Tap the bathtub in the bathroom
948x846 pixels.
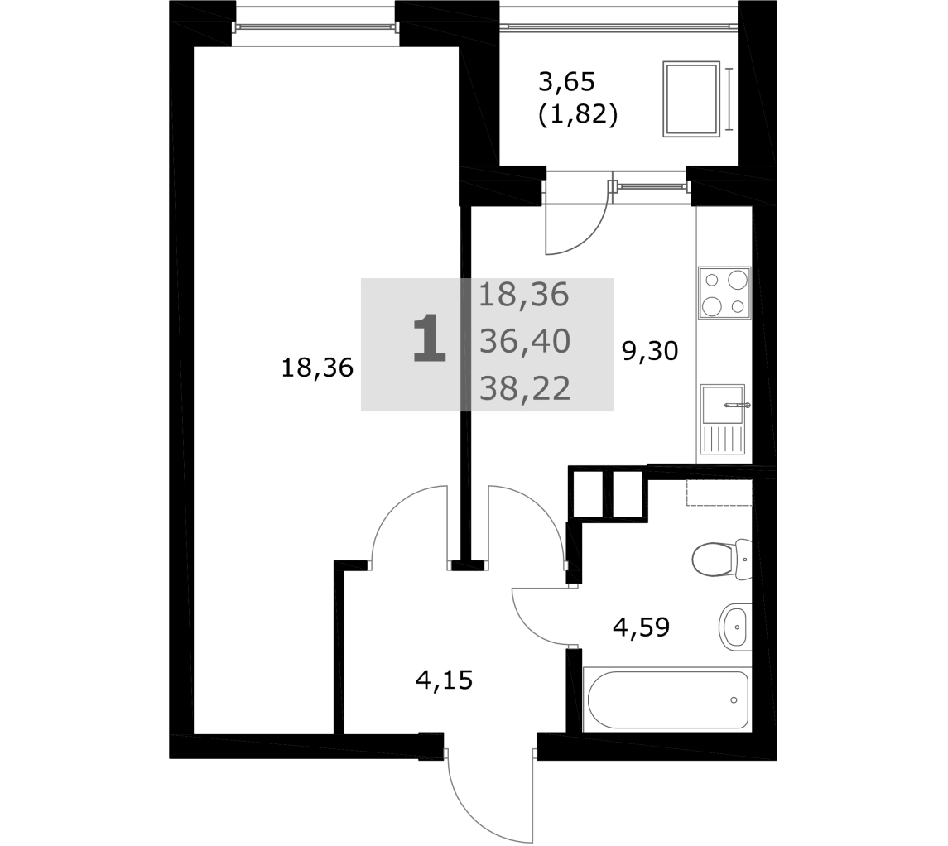point(667,699)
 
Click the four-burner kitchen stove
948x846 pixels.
point(724,293)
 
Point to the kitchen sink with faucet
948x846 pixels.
point(724,420)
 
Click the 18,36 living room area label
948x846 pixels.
point(317,368)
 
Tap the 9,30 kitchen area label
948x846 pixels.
point(651,350)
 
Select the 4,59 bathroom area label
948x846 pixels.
point(642,627)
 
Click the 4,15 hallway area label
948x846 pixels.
point(444,680)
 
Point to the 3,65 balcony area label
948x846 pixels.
point(566,81)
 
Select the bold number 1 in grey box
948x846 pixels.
point(429,339)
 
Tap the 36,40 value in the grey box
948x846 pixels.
point(525,341)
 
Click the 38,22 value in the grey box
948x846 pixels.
point(525,388)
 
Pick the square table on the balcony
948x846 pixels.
point(691,99)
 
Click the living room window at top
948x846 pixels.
point(315,26)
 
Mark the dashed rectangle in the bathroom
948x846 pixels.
point(719,493)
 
